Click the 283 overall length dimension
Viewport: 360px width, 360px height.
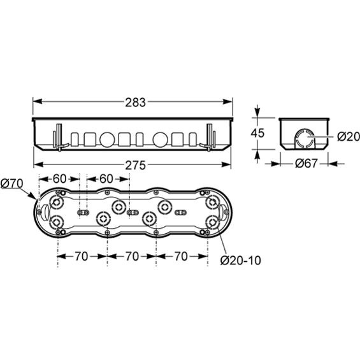[136, 103]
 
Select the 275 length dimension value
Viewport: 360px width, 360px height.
[136, 165]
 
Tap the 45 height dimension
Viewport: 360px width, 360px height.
[257, 133]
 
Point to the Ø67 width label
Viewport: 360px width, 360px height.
[306, 164]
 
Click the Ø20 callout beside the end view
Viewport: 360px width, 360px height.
[349, 137]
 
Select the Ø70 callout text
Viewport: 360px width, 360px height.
[12, 184]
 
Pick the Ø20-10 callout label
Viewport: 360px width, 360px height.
[241, 261]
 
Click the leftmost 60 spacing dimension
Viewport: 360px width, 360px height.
[59, 179]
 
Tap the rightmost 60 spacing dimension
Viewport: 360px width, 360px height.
[106, 179]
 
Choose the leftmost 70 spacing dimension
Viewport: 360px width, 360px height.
[82, 256]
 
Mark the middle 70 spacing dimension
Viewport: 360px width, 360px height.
[132, 256]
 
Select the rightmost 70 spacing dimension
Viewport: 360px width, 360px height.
[181, 256]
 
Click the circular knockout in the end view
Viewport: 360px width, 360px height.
[305, 138]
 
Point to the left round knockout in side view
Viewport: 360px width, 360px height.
[107, 140]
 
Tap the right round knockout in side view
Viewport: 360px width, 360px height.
[161, 140]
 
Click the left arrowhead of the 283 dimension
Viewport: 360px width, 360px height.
[38, 101]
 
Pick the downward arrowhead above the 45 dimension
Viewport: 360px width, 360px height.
[257, 112]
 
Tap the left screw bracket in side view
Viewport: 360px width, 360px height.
[59, 137]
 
